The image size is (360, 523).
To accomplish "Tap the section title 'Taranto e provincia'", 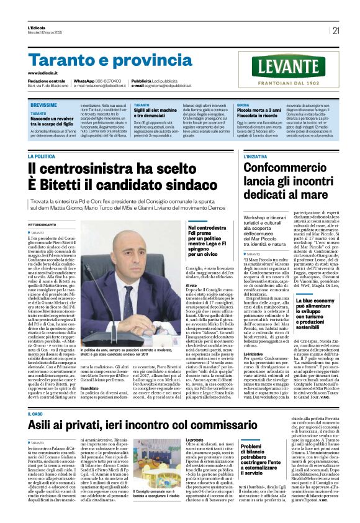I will coord(102,60).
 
